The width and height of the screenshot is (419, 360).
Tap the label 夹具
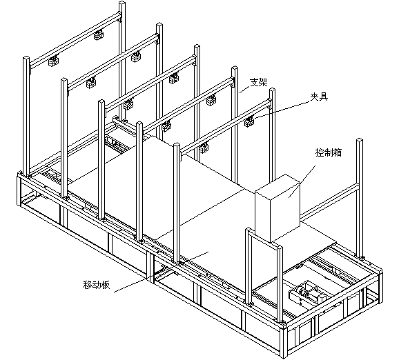tap(318, 97)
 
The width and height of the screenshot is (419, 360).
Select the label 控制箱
tap(327, 152)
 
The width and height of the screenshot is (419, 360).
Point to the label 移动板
tap(96, 283)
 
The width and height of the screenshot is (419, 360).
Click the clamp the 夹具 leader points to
tap(249, 122)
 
